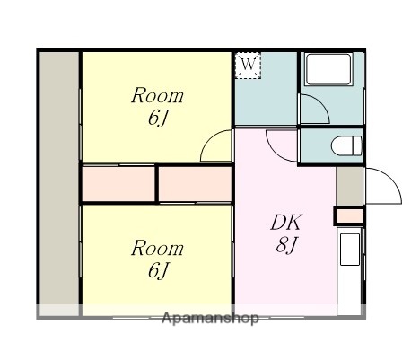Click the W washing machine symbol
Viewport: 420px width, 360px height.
249,65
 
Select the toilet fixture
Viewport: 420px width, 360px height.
346,145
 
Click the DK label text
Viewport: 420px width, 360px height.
287,223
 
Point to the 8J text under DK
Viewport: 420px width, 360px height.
287,243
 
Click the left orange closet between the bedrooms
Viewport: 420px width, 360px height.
118,184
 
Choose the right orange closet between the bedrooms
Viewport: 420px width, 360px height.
196,184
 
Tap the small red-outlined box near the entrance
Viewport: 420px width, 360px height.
348,215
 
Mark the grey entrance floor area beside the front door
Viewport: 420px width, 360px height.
349,186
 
